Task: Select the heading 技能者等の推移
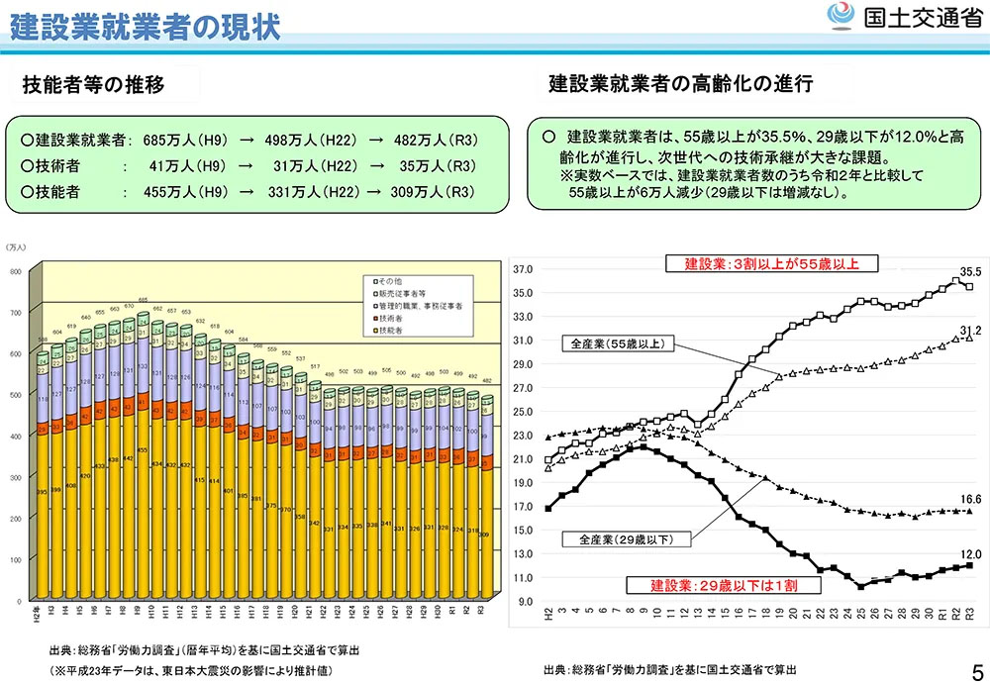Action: pyautogui.click(x=93, y=85)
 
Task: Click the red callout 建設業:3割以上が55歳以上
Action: pyautogui.click(x=770, y=263)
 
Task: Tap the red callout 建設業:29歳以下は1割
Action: pyautogui.click(x=723, y=584)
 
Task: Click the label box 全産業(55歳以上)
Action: pyautogui.click(x=619, y=344)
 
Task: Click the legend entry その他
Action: pyautogui.click(x=388, y=282)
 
